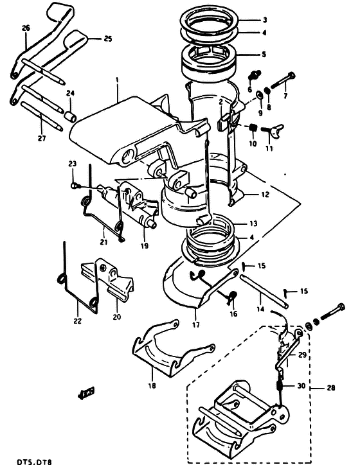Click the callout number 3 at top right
click(265, 20)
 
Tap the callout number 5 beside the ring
click(264, 54)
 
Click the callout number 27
click(42, 138)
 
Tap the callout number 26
click(26, 28)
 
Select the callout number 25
click(108, 39)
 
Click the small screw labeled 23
click(76, 186)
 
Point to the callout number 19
click(145, 246)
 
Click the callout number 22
click(77, 321)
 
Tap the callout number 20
click(117, 317)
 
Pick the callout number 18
click(152, 386)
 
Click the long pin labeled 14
click(264, 292)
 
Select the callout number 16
click(233, 313)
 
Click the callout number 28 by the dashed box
click(331, 387)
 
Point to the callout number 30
click(301, 385)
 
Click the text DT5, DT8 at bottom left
click(34, 462)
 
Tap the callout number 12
click(265, 194)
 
